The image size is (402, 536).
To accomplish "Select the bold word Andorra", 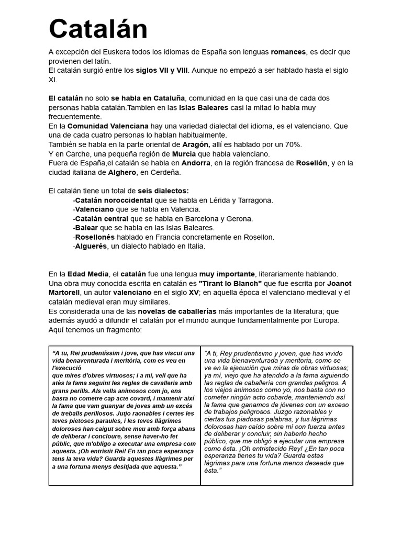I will [196, 163].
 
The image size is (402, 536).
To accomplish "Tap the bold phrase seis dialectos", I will [163, 191].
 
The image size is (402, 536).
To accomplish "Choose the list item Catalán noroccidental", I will [114, 200].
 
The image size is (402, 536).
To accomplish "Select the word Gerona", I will [240, 218].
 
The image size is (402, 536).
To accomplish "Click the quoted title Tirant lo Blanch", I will [230, 283].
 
